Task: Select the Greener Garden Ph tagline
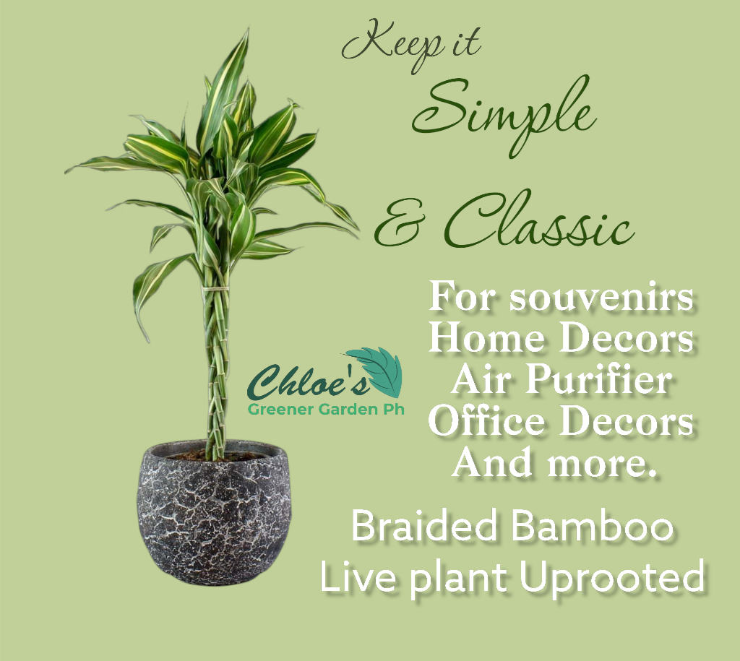325,410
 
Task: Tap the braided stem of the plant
215,361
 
